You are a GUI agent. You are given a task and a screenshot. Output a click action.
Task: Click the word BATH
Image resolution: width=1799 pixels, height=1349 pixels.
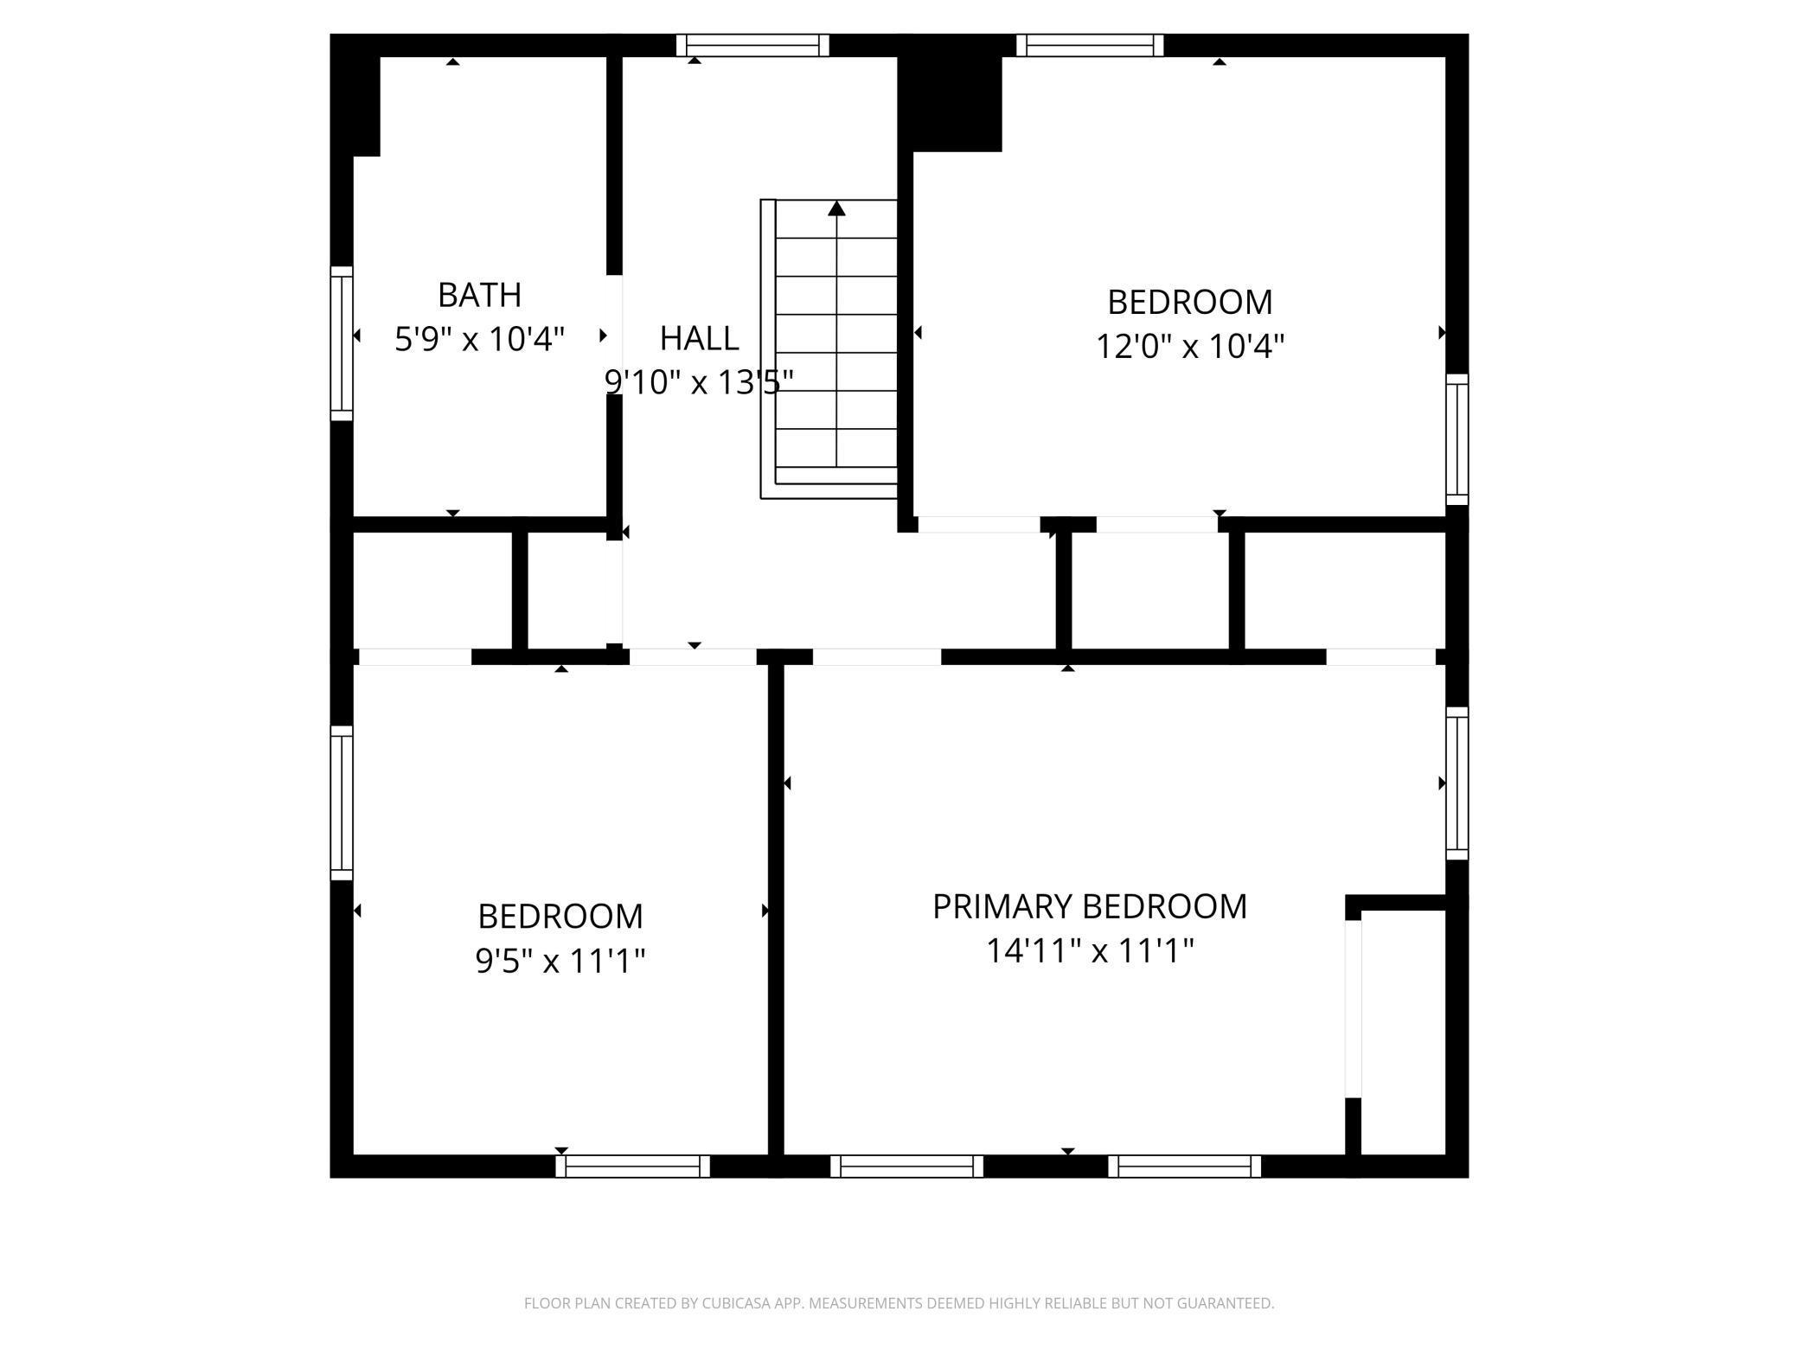tap(479, 295)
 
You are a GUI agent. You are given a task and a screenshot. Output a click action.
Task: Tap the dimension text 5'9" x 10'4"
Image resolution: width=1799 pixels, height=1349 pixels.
tap(479, 339)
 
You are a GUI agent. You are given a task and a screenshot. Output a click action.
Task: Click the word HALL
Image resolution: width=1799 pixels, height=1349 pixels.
tap(699, 338)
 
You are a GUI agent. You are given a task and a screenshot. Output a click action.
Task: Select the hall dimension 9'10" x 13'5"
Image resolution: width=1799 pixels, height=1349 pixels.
tap(698, 381)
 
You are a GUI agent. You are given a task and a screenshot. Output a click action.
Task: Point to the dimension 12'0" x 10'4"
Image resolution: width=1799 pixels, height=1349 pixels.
tap(1189, 347)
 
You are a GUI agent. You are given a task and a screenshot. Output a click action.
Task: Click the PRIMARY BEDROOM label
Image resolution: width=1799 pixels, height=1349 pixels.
tap(1089, 906)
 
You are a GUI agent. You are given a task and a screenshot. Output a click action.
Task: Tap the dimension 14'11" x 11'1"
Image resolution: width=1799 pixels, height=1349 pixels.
tap(1089, 951)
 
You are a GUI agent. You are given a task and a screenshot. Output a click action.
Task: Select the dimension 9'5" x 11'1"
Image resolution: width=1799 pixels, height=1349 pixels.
tap(560, 960)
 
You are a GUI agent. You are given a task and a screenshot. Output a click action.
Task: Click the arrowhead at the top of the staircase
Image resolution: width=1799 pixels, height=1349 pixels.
tap(835, 208)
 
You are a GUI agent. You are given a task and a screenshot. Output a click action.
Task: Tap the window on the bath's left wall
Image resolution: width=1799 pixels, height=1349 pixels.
tap(343, 343)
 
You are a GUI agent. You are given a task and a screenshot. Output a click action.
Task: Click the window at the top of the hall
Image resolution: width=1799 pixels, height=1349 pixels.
tap(752, 45)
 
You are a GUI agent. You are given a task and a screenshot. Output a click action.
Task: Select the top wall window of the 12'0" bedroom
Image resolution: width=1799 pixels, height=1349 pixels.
tap(1089, 45)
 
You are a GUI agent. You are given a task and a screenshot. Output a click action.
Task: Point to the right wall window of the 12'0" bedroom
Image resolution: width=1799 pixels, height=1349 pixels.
tap(1456, 439)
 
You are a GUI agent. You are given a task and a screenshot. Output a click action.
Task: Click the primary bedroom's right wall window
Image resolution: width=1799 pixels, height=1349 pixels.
tap(1456, 783)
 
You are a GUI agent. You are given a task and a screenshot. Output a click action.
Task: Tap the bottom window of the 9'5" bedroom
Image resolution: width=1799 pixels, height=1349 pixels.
tap(632, 1166)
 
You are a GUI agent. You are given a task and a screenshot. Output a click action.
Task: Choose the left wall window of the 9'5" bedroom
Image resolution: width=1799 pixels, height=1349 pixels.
tap(343, 802)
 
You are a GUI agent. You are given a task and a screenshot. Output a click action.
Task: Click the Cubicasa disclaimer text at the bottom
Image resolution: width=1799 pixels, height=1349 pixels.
tap(899, 1302)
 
